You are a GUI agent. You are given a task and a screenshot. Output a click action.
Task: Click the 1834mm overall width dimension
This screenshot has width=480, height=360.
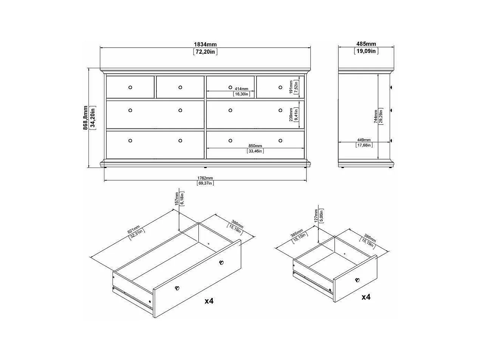point(205,44)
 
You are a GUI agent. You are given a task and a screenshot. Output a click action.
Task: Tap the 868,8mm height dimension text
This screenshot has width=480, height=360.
point(85,118)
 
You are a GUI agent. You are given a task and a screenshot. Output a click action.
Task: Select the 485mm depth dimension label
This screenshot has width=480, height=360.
point(366,44)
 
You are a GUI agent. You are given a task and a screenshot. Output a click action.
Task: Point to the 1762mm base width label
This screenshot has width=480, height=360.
point(205,178)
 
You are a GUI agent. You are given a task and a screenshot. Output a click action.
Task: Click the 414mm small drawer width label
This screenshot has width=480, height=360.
point(242,89)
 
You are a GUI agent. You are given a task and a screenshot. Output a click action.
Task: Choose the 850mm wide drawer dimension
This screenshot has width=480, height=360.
point(255,146)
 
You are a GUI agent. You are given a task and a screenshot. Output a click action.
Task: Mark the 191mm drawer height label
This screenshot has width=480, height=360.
point(291,87)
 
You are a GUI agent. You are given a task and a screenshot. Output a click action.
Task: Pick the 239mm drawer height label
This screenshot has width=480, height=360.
point(291,114)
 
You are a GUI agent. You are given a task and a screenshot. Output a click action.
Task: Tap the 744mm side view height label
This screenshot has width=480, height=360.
point(376,116)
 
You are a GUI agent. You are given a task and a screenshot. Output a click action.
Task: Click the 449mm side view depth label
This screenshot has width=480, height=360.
point(364,140)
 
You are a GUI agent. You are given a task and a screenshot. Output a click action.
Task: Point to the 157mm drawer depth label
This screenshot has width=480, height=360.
point(177,199)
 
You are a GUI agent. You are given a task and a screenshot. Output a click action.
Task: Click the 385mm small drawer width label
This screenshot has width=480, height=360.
point(297,233)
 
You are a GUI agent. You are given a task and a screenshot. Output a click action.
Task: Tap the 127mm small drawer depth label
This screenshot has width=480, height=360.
point(316,216)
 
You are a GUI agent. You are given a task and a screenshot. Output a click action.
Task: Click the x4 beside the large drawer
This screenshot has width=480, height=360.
point(209,301)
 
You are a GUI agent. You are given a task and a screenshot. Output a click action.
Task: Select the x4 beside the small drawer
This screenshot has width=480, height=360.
point(366,297)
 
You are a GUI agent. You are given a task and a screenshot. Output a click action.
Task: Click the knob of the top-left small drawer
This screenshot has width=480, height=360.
point(130,87)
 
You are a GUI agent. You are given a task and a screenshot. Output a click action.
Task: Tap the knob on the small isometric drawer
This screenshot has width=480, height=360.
point(357,280)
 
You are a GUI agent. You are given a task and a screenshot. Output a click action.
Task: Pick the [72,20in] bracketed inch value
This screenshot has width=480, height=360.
point(205,52)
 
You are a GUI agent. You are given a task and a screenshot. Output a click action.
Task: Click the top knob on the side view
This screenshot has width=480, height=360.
point(391,87)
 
